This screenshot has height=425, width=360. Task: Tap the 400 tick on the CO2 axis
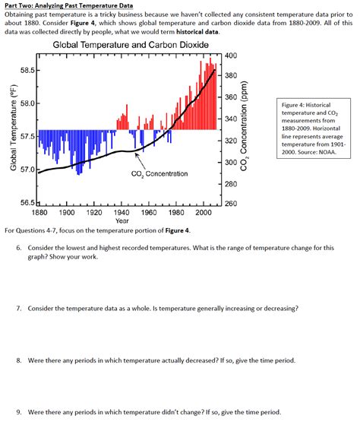coord(232,57)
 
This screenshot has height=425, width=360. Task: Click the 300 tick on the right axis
coord(232,162)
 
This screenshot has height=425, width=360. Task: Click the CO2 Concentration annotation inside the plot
coord(159,174)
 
